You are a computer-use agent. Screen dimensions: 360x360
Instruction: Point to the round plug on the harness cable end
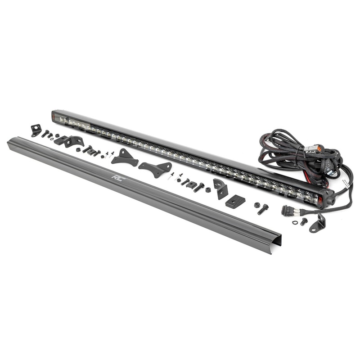(x=286, y=210)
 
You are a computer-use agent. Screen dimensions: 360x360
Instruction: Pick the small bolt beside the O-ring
(x=304, y=221)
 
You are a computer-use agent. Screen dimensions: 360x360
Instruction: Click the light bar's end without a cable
(x=57, y=116)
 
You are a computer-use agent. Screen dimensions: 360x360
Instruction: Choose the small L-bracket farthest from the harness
(x=36, y=130)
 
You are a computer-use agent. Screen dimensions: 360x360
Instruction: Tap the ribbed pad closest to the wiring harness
(x=235, y=202)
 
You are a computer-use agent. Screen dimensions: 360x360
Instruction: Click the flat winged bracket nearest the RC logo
(x=125, y=158)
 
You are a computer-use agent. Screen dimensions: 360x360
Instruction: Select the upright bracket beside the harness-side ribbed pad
(x=220, y=188)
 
